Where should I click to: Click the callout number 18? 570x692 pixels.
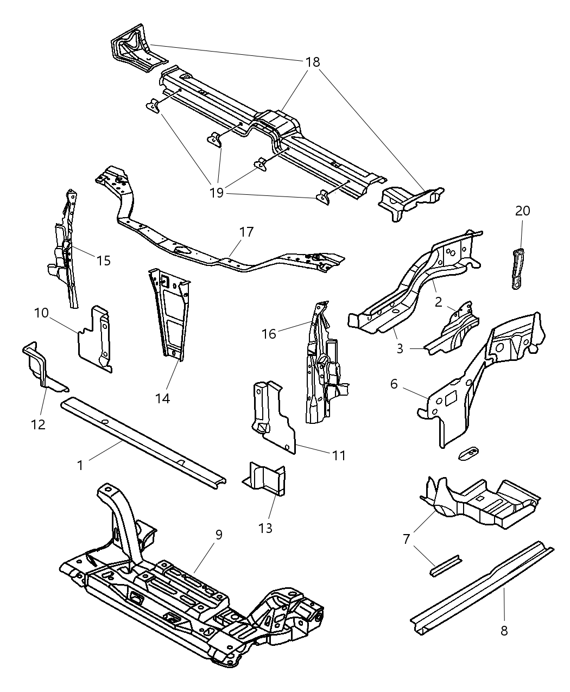click(x=313, y=62)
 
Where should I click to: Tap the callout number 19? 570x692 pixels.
click(x=217, y=193)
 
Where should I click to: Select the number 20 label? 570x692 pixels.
click(x=522, y=211)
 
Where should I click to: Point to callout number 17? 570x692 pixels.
click(x=246, y=232)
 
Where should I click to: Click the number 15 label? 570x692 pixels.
click(x=103, y=261)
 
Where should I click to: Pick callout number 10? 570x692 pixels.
click(x=41, y=313)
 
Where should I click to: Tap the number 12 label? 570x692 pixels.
click(x=39, y=424)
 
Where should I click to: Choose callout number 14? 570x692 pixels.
click(x=162, y=398)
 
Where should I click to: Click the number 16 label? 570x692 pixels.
click(x=269, y=333)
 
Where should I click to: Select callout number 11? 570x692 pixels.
click(x=339, y=455)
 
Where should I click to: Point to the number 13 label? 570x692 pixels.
click(x=265, y=528)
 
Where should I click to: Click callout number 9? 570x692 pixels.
click(x=218, y=535)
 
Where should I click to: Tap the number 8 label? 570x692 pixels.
click(x=504, y=631)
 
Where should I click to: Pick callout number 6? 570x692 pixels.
click(x=394, y=384)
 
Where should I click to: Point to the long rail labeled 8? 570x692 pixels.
click(x=483, y=583)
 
